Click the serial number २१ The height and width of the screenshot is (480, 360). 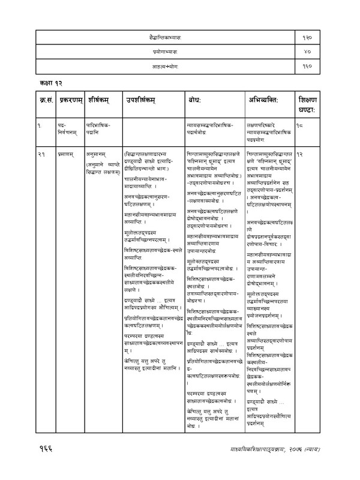pyautogui.click(x=41, y=154)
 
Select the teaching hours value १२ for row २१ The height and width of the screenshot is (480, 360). pyautogui.click(x=302, y=154)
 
